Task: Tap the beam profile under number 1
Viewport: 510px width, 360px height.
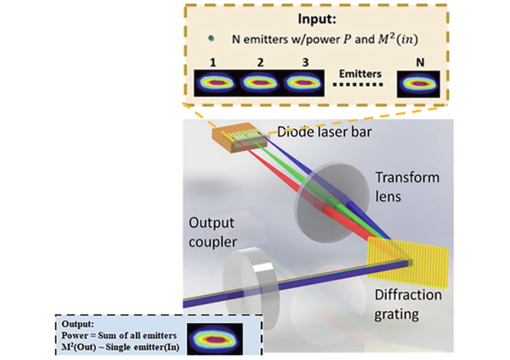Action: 213,83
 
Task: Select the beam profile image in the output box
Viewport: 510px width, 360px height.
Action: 211,339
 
